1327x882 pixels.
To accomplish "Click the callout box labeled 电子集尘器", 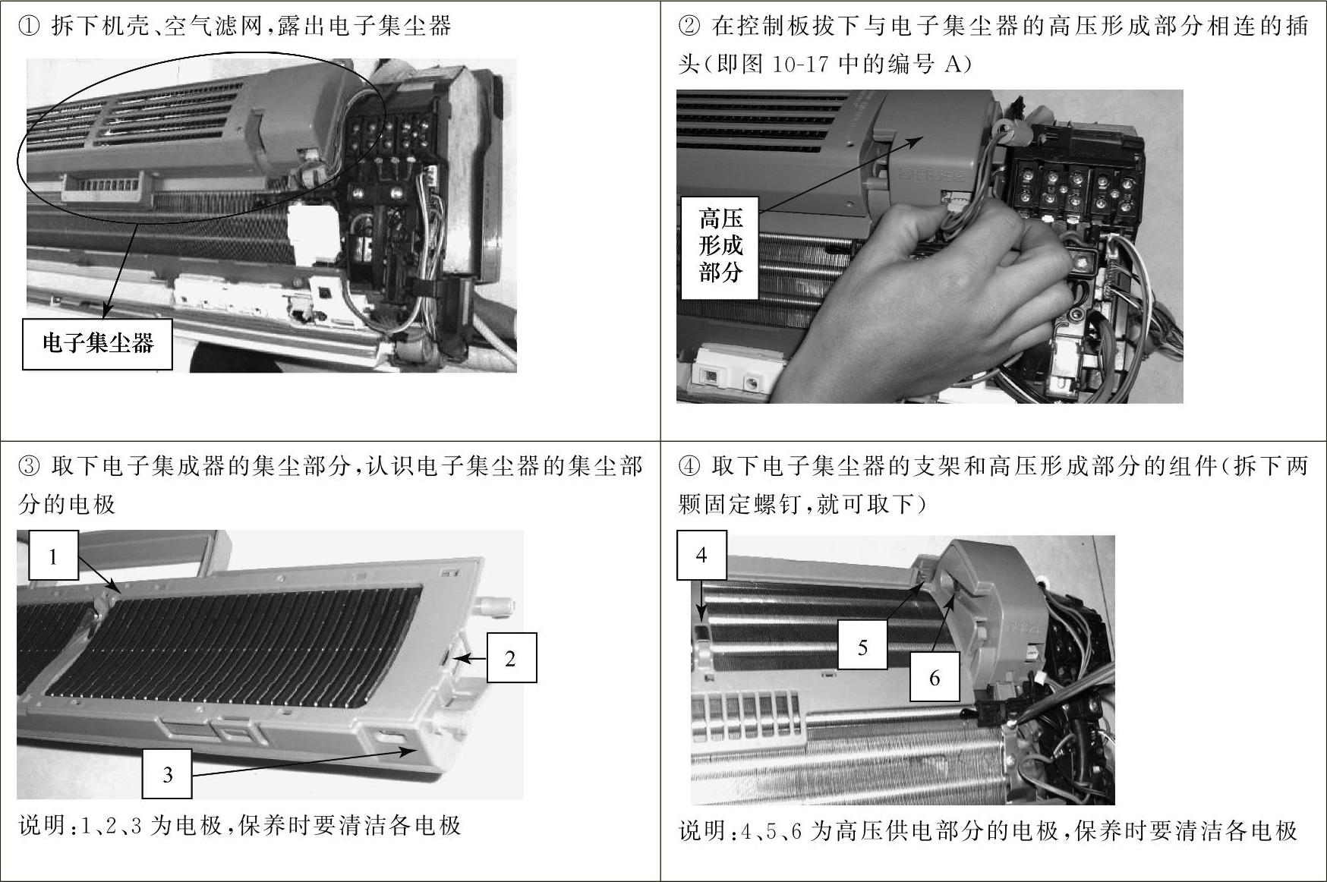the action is (97, 344).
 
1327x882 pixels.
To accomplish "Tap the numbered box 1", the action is (53, 556).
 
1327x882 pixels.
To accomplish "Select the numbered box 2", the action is (511, 657).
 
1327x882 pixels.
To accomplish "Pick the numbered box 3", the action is (167, 773).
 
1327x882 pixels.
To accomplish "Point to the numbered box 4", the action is (701, 555).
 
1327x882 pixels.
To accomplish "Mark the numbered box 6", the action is (935, 677).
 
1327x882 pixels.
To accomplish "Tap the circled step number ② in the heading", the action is (689, 27).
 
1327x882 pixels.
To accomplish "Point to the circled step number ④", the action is (689, 466).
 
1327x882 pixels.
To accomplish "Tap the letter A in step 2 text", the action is (953, 65).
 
